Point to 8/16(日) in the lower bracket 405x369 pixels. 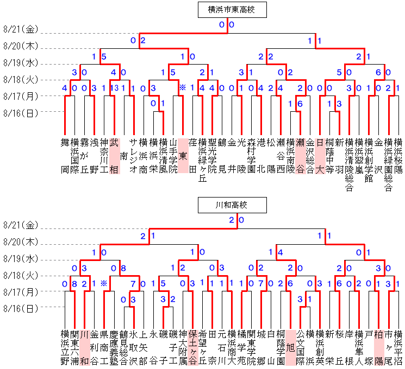tap(21, 309)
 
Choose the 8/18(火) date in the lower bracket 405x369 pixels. tap(21, 275)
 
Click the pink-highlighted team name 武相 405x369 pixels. tap(114, 155)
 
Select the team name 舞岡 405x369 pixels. tap(65, 155)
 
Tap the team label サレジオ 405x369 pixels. tap(134, 155)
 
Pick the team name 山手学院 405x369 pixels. tap(173, 155)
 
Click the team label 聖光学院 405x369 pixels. tap(212, 155)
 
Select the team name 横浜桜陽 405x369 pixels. tap(398, 155)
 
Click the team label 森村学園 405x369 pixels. tap(251, 155)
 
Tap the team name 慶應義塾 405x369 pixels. tap(114, 347)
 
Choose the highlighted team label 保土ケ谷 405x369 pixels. tap(192, 347)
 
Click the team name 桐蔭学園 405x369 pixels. tap(281, 347)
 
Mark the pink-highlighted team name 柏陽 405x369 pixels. tap(378, 347)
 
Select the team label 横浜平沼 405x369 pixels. tap(398, 347)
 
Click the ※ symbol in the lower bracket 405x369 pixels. tap(104, 284)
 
